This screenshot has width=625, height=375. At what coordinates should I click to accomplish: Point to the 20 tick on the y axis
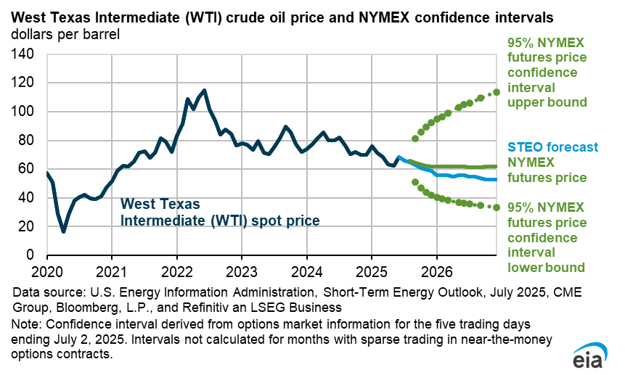click(27, 227)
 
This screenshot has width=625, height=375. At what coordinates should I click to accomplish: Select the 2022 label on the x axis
click(176, 271)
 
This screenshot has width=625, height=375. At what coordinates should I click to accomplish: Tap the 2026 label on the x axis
click(436, 271)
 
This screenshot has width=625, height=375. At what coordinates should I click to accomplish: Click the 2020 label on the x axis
click(47, 271)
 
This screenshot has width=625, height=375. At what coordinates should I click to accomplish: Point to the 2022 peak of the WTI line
click(204, 91)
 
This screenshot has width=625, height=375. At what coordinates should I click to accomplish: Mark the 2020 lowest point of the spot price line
click(64, 231)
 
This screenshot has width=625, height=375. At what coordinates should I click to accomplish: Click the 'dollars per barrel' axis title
click(65, 33)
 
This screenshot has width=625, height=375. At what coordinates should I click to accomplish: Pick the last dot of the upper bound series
click(497, 92)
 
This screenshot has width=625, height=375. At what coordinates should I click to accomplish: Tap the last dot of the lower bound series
click(497, 207)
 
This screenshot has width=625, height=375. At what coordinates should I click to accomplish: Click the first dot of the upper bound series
click(415, 138)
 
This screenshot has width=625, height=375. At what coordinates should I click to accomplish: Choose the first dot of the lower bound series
click(415, 182)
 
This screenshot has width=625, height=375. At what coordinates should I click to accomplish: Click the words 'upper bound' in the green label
click(547, 102)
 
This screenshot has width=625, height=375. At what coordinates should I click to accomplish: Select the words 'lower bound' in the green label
click(547, 268)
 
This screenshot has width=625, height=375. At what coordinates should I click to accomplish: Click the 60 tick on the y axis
click(27, 169)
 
